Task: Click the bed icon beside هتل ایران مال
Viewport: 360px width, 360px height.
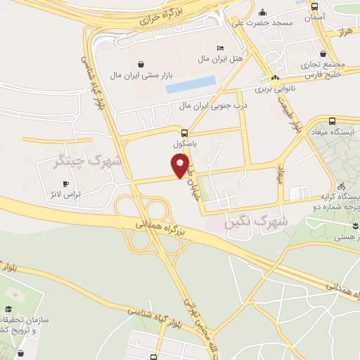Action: (x=221, y=47)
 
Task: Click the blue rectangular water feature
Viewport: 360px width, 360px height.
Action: (x=191, y=84)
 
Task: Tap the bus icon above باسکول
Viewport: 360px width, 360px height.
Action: (x=184, y=132)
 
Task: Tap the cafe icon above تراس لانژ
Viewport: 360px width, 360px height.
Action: (x=65, y=184)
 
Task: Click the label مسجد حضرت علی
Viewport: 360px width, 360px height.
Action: (x=264, y=23)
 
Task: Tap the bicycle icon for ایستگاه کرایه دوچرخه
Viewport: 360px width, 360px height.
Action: (x=341, y=187)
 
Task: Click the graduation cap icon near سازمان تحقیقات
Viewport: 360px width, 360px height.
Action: (x=8, y=309)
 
